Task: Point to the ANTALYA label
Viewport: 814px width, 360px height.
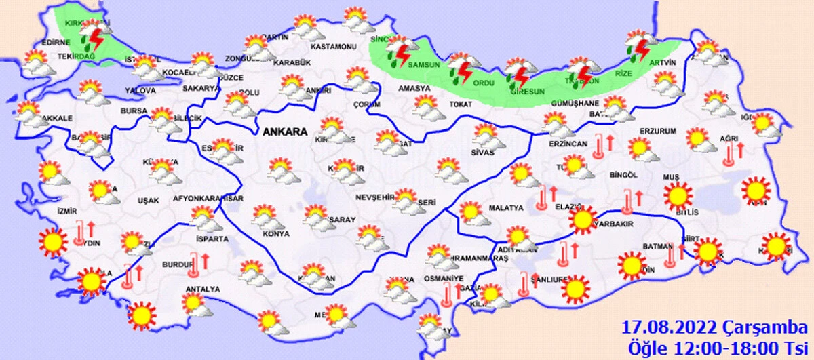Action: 202,289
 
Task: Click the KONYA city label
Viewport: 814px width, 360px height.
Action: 275,234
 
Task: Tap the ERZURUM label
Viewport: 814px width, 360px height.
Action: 658,132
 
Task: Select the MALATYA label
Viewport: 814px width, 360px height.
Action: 505,208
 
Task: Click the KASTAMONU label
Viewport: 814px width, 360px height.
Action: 333,47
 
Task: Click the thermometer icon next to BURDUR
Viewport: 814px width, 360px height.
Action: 194,262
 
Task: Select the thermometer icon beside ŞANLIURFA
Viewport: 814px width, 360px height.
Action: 524,283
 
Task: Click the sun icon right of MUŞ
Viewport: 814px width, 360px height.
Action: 676,197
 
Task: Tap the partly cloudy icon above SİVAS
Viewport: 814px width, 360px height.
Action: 486,136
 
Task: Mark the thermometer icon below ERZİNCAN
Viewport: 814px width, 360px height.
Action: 598,146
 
